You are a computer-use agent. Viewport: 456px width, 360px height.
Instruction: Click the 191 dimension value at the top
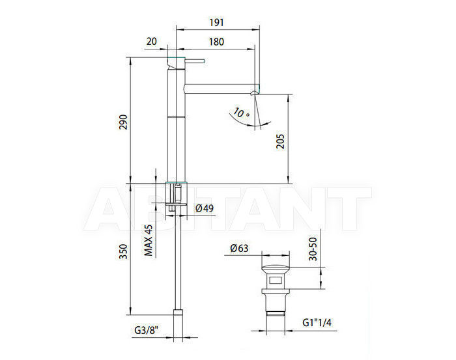click(x=217, y=22)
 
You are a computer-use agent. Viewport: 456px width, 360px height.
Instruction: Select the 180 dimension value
click(x=217, y=42)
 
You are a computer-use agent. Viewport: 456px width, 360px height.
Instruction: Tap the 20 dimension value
click(x=151, y=42)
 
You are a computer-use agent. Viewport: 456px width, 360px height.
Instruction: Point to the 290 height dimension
click(x=123, y=122)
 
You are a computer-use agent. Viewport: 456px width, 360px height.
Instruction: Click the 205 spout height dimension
click(x=280, y=141)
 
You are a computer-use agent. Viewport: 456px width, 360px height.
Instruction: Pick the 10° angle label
click(x=241, y=113)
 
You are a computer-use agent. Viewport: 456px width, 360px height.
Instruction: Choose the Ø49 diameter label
click(x=204, y=208)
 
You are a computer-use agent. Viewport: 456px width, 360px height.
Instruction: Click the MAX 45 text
click(x=149, y=240)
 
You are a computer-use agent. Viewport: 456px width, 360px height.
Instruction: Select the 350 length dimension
click(x=123, y=252)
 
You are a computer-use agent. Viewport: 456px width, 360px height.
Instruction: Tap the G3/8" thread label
click(x=147, y=330)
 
